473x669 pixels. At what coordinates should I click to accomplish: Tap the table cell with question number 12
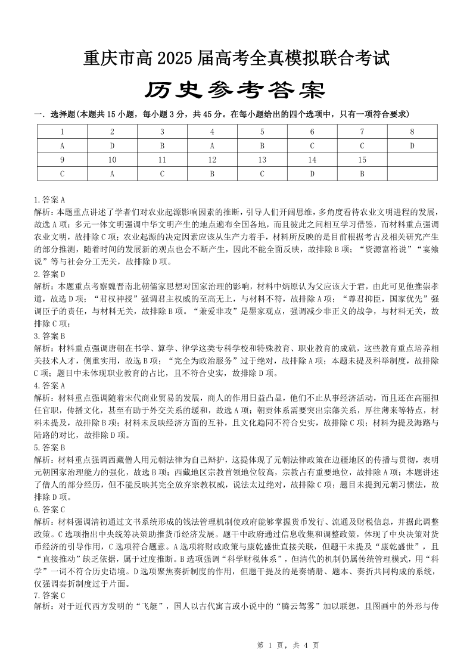212,159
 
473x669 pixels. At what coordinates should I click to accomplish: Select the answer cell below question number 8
412,145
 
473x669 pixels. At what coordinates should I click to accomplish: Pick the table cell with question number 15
362,159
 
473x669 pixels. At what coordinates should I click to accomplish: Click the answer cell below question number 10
113,173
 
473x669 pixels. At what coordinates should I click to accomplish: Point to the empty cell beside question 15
412,159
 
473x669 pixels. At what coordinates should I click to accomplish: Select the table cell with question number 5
262,131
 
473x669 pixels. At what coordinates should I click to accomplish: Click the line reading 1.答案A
49,200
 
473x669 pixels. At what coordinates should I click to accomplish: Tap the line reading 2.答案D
49,257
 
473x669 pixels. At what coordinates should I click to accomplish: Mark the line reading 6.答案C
49,509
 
